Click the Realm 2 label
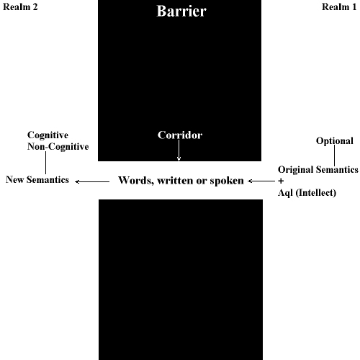pos(20,7)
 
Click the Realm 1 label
pos(339,7)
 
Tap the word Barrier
pos(181,11)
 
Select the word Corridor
pos(180,135)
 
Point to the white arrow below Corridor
pos(179,150)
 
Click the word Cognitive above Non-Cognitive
pos(48,135)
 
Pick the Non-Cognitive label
pos(58,147)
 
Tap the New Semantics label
pos(37,179)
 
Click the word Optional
pos(335,141)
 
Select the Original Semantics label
pos(318,169)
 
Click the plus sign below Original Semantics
pos(281,181)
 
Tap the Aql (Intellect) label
pos(307,193)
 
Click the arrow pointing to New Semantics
pos(92,181)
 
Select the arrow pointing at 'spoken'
pos(261,181)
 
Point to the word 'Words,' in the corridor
pos(136,181)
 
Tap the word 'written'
pos(175,181)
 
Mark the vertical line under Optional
pos(335,156)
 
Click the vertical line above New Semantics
pos(45,163)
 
